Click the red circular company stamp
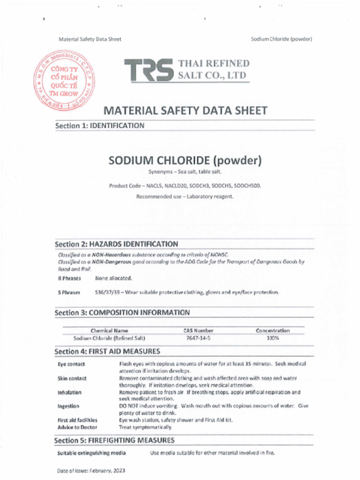(65, 81)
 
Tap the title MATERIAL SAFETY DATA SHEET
(185, 111)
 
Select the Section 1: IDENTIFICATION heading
(99, 126)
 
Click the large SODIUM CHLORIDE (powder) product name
(185, 161)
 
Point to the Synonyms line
(181, 172)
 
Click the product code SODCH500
(248, 186)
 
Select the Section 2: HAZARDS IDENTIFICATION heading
(116, 244)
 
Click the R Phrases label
(69, 278)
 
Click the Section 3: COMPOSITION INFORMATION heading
(122, 313)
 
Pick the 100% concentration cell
(273, 338)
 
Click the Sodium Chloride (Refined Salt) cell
(109, 338)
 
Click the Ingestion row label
(68, 406)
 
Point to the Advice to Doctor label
(77, 427)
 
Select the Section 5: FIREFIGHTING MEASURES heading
(114, 441)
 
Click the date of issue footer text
(91, 470)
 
